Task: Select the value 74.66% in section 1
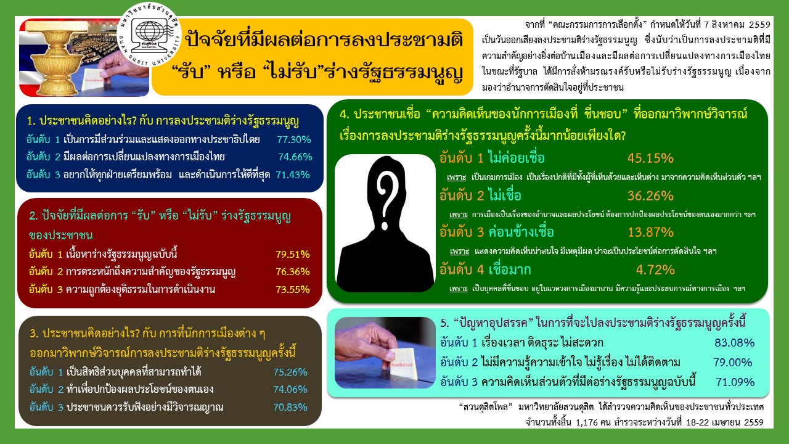pos(295,157)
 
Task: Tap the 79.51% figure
pos(292,254)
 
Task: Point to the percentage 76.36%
pos(292,271)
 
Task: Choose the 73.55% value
pos(292,289)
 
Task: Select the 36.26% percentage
pos(650,196)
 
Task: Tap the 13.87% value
pos(650,232)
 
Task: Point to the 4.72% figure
pos(653,269)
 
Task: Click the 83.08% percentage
pos(734,343)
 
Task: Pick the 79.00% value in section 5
pos(734,363)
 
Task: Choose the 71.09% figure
pos(735,382)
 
